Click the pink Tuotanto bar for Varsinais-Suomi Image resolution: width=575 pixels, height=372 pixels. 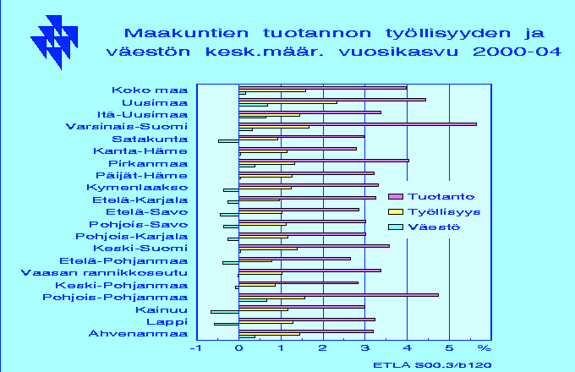click(358, 124)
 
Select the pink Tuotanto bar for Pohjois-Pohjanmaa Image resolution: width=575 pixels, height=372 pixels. click(338, 295)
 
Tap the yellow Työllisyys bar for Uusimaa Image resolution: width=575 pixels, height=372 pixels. click(287, 102)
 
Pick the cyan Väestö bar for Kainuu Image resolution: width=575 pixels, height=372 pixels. click(225, 312)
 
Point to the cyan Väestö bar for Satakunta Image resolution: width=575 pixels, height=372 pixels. click(228, 141)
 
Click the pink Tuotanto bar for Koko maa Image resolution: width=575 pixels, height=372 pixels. click(323, 88)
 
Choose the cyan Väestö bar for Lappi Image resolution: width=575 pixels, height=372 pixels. click(227, 324)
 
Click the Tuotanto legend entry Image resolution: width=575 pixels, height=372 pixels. click(431, 197)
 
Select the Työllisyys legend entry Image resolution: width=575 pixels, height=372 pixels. click(434, 212)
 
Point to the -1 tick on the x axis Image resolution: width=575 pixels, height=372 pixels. click(196, 347)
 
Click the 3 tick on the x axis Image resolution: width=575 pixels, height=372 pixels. click(365, 347)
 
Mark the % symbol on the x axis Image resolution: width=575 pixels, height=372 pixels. click(484, 347)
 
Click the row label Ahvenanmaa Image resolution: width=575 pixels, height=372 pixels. click(138, 334)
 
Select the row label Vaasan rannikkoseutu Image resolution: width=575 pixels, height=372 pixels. click(105, 273)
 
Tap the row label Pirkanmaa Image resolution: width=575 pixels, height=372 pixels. click(148, 163)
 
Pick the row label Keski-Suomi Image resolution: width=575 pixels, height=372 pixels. click(140, 249)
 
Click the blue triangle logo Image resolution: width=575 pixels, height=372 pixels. click(54, 42)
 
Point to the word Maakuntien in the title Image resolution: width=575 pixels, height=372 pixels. click(186, 33)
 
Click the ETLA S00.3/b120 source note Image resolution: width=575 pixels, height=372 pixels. click(432, 365)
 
